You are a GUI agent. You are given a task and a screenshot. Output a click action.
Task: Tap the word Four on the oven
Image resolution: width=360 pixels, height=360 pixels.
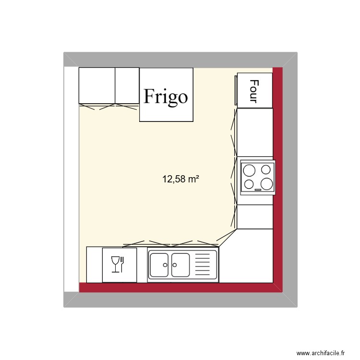254,91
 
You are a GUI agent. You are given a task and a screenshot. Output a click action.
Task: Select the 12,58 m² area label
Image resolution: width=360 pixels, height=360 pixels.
180,180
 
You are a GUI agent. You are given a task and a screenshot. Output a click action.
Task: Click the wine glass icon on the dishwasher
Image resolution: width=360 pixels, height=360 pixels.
115,264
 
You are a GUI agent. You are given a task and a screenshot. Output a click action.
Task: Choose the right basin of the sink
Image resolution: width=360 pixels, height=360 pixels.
180,265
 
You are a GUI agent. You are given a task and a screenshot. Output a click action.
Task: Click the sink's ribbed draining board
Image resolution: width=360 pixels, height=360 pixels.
203,265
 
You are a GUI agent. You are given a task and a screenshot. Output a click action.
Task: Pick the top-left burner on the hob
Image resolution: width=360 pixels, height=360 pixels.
249,170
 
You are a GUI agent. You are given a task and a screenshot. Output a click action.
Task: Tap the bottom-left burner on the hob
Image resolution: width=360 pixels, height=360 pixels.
249,184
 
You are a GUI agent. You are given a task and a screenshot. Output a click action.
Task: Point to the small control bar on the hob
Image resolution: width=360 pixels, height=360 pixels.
258,190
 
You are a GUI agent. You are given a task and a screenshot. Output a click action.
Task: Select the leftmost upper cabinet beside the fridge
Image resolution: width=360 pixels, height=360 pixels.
97,85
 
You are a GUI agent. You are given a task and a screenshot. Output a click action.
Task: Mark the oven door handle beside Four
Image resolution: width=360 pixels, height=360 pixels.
236,89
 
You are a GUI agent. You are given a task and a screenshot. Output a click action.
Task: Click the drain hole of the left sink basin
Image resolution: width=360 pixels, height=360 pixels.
165,264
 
